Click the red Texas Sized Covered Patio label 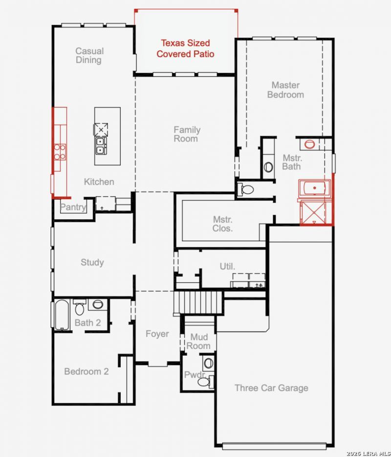pyautogui.click(x=185, y=48)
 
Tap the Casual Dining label pyautogui.click(x=89, y=55)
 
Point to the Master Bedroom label pyautogui.click(x=285, y=90)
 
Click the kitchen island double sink pyautogui.click(x=101, y=145)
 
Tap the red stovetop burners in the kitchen pyautogui.click(x=60, y=152)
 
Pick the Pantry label pyautogui.click(x=73, y=207)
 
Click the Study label pyautogui.click(x=92, y=262)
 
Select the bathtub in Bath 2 pyautogui.click(x=62, y=315)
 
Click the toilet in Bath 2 pyautogui.click(x=79, y=307)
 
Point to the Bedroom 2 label pyautogui.click(x=87, y=371)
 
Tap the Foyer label pyautogui.click(x=157, y=333)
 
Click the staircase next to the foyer pyautogui.click(x=199, y=302)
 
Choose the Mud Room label pyautogui.click(x=199, y=341)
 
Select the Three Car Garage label pyautogui.click(x=271, y=388)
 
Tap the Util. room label pyautogui.click(x=227, y=266)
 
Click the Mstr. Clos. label pyautogui.click(x=223, y=224)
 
